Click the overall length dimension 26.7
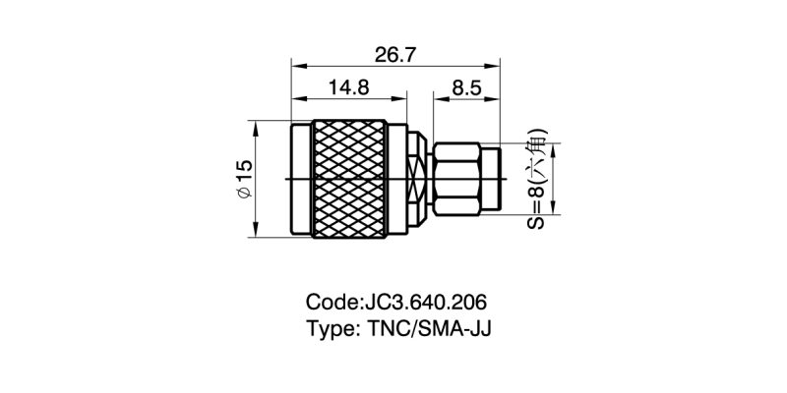(x=393, y=54)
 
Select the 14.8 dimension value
(x=348, y=87)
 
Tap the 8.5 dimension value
(x=465, y=87)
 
